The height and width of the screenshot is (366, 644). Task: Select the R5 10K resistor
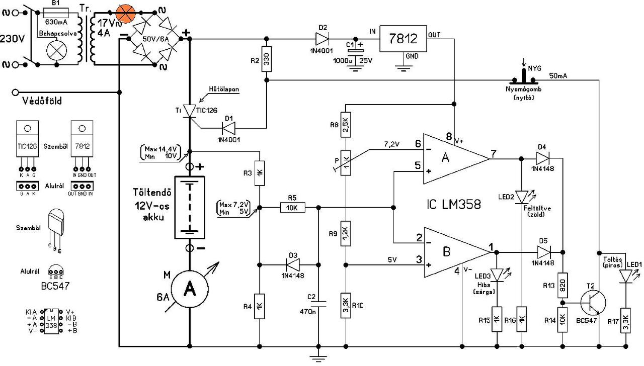(292, 207)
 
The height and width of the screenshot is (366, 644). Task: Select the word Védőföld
(43, 101)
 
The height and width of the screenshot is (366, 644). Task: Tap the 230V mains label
(15, 39)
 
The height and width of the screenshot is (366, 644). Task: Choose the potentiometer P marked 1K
(346, 162)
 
